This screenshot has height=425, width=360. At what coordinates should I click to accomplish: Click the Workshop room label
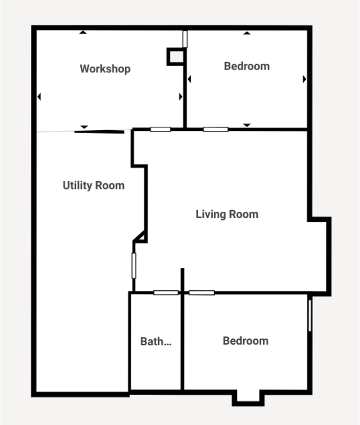[105, 69]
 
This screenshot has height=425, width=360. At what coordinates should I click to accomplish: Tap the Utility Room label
[93, 185]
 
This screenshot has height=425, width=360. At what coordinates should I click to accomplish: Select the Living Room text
[227, 214]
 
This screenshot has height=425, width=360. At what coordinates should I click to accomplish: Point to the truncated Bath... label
[156, 341]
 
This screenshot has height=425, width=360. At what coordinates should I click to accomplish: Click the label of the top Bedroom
[247, 66]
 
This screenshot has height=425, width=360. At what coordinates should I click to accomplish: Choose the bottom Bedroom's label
[246, 341]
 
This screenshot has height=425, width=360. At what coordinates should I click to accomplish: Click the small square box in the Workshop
[176, 56]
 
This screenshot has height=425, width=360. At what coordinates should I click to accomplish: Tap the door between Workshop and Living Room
[160, 129]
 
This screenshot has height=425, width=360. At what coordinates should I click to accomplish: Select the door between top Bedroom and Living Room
[216, 129]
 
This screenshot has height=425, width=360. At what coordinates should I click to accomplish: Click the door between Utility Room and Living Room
[134, 265]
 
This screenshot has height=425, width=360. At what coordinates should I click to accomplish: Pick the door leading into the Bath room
[166, 293]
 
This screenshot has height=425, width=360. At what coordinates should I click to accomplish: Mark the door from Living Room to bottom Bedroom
[202, 293]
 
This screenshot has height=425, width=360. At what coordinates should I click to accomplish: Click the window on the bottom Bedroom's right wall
[310, 315]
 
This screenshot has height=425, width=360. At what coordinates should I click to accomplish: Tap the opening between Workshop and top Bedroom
[185, 39]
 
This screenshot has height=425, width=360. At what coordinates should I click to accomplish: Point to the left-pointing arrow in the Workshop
[39, 97]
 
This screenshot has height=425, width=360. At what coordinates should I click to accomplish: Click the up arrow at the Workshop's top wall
[83, 33]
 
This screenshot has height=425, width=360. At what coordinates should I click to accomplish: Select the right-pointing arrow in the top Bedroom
[304, 79]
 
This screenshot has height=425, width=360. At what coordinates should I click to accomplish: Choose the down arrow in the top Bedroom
[247, 125]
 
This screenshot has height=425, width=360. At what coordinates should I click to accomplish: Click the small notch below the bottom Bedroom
[247, 398]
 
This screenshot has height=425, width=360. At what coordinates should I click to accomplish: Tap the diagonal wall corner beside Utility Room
[141, 237]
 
